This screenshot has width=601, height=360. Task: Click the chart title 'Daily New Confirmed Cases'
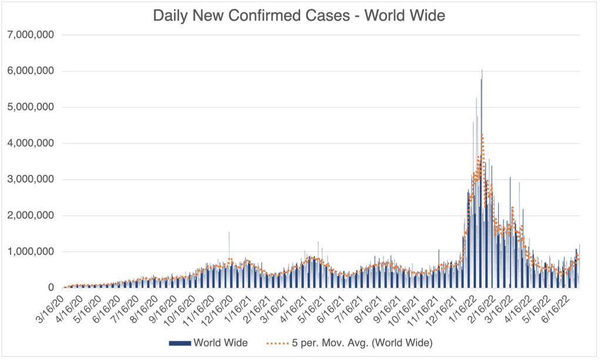point(299,16)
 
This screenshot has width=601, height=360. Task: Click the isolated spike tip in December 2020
point(229,232)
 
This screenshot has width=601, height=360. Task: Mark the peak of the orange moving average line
point(482,135)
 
